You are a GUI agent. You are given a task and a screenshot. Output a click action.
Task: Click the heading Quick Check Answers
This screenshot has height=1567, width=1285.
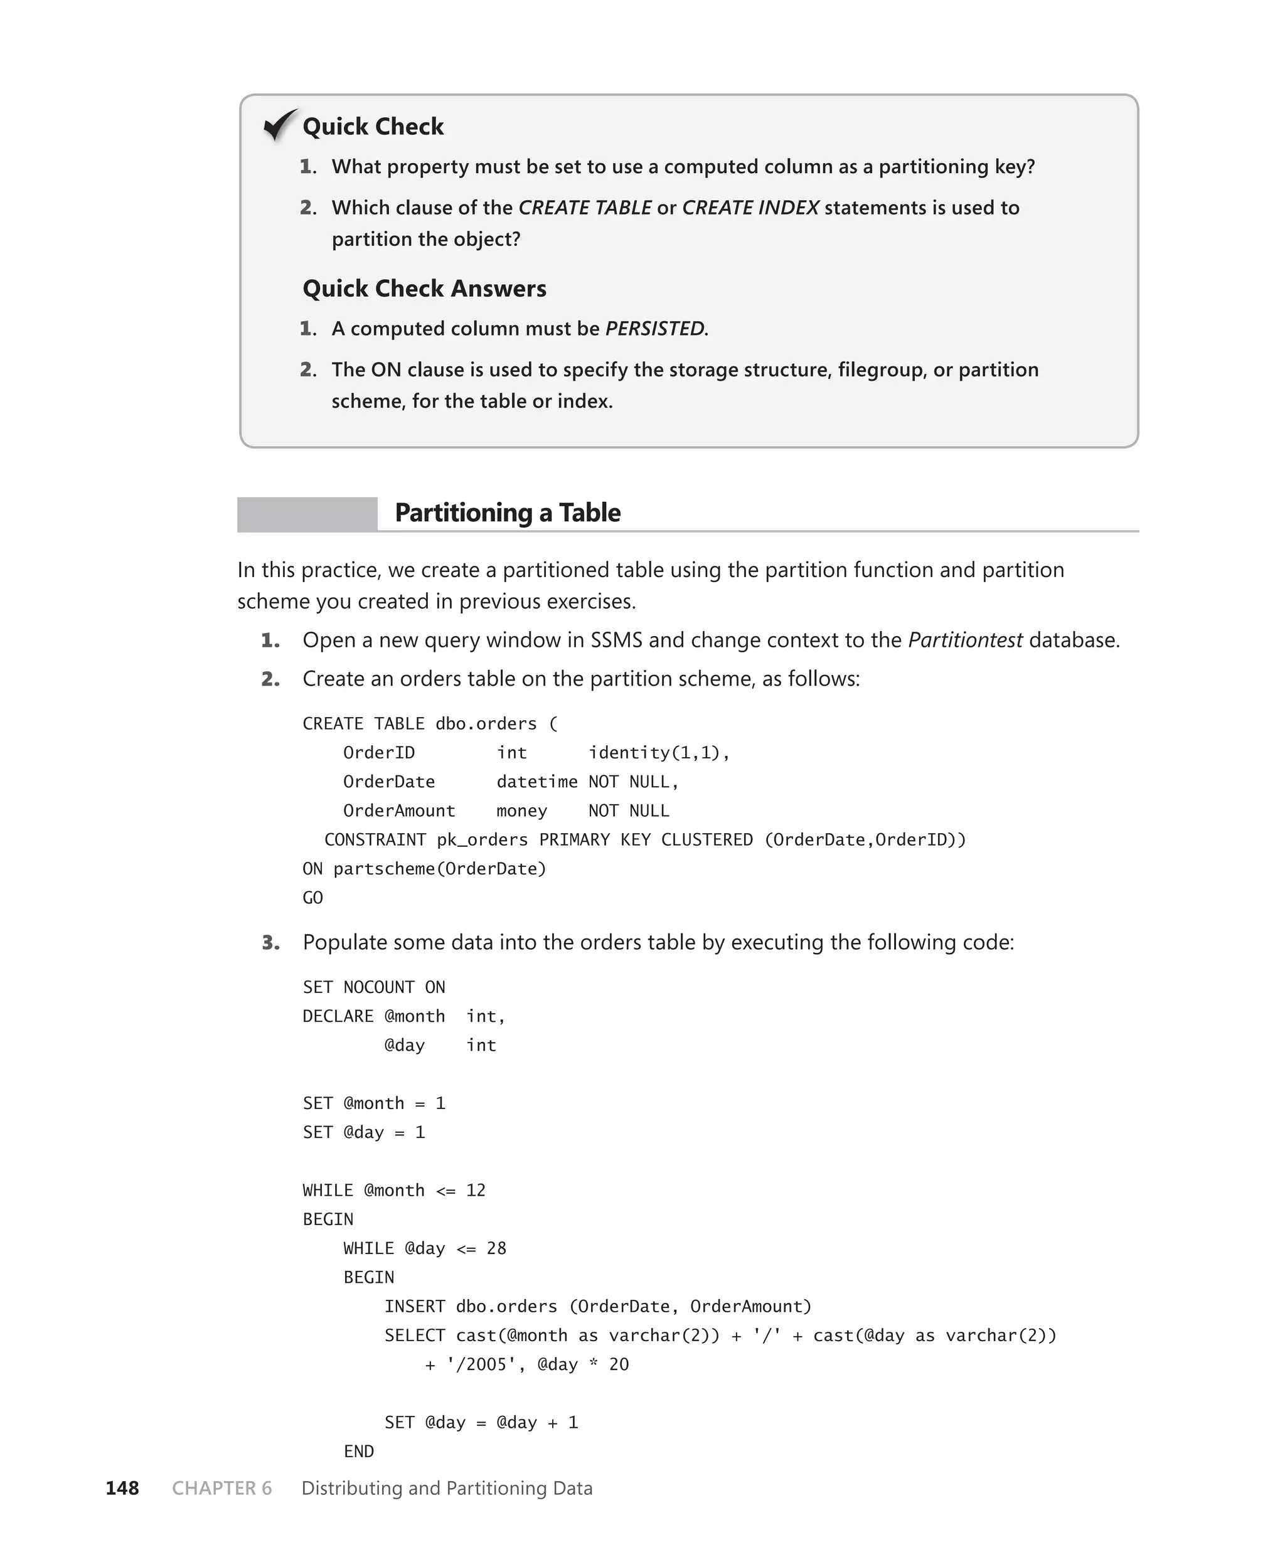[424, 289]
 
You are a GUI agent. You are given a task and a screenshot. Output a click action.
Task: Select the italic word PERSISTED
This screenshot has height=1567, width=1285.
[655, 329]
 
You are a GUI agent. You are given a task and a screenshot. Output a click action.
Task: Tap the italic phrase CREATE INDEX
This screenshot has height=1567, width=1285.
[750, 208]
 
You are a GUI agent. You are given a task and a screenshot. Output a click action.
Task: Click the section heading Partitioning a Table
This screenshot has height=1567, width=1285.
[507, 513]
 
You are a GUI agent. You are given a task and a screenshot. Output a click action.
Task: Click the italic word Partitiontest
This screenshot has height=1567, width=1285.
[965, 640]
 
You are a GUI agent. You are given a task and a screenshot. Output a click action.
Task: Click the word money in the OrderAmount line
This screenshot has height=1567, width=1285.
[521, 811]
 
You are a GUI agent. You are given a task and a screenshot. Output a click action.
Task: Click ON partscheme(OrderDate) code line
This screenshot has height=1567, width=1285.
[424, 869]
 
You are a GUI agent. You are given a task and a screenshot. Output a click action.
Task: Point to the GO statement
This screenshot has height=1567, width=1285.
[312, 898]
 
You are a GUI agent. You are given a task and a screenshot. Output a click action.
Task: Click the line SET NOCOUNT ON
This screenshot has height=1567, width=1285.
[374, 987]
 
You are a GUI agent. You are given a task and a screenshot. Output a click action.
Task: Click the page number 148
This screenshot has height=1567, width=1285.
[122, 1489]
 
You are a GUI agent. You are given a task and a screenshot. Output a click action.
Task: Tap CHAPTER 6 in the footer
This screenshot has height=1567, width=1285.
[222, 1489]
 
